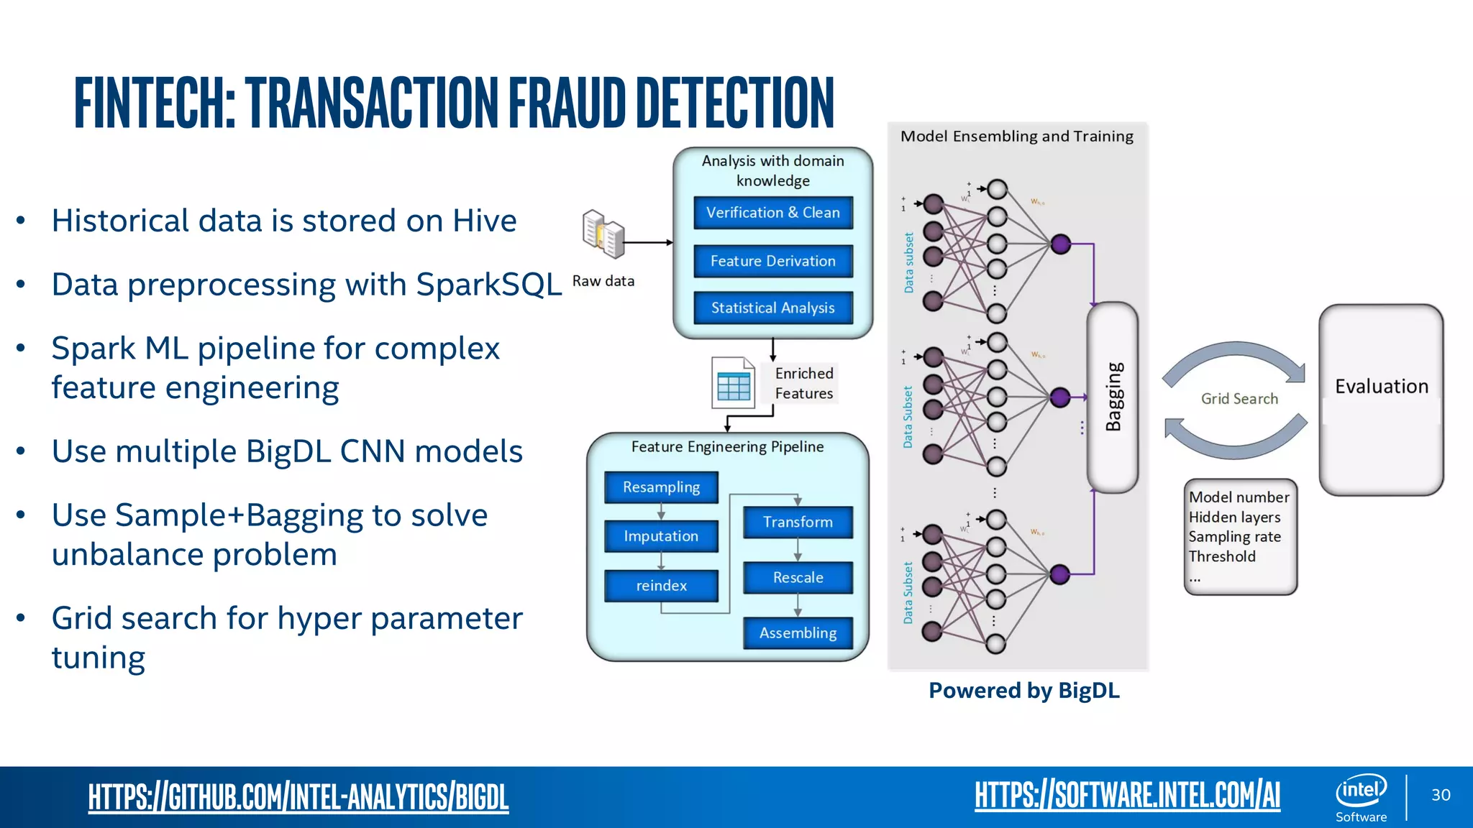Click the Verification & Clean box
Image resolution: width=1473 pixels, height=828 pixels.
(773, 213)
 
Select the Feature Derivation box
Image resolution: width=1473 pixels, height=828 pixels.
(773, 261)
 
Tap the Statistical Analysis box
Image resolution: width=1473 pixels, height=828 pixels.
(773, 308)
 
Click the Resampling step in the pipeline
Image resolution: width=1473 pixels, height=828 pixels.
(661, 487)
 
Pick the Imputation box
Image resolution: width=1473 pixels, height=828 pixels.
(661, 536)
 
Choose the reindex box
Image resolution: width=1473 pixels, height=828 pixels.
(661, 586)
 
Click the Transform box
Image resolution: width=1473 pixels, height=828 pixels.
(798, 523)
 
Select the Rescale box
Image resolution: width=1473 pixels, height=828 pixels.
(798, 578)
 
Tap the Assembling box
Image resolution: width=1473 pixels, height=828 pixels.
(798, 633)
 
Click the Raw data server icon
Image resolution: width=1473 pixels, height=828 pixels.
(603, 234)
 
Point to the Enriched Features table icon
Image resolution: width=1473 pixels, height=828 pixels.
(733, 383)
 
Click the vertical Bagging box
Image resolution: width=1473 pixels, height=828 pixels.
(1113, 397)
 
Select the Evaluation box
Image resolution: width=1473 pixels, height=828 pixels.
(1381, 400)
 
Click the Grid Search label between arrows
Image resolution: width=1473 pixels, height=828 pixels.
(1239, 399)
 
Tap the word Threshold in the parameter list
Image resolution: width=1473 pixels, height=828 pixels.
(1222, 556)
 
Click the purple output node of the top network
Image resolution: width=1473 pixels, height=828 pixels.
(1061, 244)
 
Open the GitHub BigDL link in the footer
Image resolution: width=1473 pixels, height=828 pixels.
(298, 796)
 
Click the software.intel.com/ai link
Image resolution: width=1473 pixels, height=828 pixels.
(1127, 795)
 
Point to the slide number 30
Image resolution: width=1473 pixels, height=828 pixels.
(1441, 795)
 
